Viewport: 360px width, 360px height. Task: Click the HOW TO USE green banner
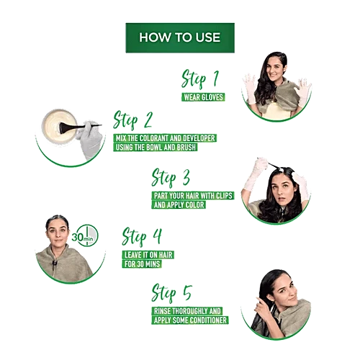point(180,37)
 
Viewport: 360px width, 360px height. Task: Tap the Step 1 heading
point(200,78)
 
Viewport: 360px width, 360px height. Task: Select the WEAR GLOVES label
point(203,97)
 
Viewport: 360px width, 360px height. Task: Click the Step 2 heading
point(132,120)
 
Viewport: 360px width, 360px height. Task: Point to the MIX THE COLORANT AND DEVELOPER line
point(165,138)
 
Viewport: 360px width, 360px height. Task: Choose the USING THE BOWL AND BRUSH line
point(156,147)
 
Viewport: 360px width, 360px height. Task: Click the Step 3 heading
point(171,178)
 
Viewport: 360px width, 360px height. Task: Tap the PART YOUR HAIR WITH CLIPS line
point(193,196)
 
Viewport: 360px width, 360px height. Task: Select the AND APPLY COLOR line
point(179,204)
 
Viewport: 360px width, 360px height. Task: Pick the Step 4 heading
point(142,236)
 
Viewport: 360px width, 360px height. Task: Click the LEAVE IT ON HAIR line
point(148,255)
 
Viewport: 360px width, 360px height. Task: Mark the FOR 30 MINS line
point(142,264)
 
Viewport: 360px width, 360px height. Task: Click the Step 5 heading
point(171,293)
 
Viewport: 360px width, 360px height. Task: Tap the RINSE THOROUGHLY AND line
point(187,311)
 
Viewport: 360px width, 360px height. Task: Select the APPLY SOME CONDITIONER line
point(190,320)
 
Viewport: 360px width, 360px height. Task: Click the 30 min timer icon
point(85,236)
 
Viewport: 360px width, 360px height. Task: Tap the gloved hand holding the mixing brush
point(90,140)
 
